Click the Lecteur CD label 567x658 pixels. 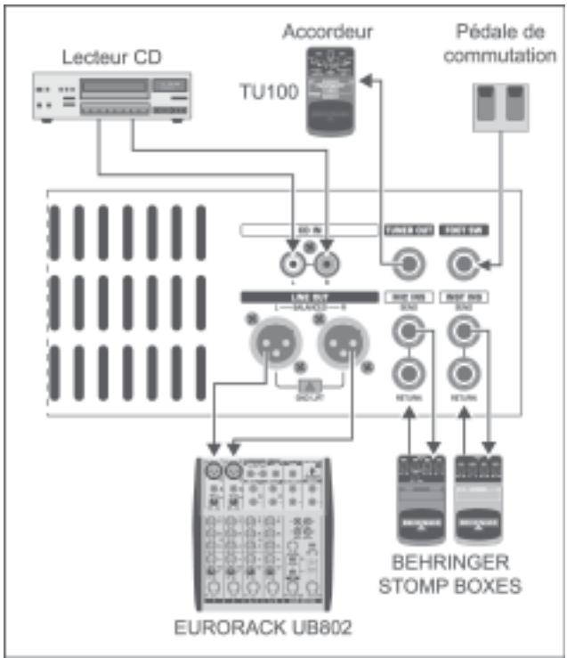coord(110,59)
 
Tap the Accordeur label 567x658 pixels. coord(328,33)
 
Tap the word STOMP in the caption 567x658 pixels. coord(417,586)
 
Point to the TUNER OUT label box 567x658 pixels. coord(408,230)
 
